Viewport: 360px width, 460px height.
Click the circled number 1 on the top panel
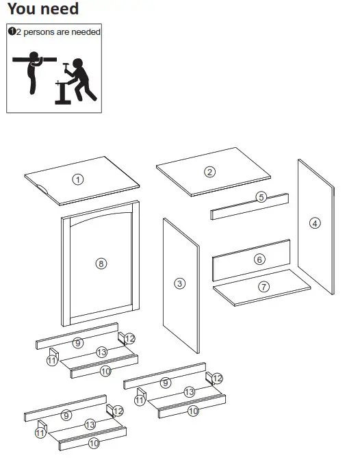(78, 179)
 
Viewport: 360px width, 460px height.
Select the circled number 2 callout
(210, 172)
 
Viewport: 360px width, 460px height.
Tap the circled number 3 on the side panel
(180, 283)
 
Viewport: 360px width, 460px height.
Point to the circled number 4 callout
(315, 222)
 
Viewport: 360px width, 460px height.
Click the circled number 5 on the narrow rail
(261, 197)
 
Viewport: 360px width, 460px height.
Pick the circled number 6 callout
(259, 259)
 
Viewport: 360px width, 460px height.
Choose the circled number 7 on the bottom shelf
(263, 287)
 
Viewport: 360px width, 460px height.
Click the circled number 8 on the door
(101, 264)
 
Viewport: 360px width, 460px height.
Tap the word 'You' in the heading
(21, 10)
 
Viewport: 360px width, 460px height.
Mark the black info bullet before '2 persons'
(12, 31)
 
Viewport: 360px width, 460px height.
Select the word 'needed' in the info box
(86, 32)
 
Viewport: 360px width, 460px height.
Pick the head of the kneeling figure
(77, 64)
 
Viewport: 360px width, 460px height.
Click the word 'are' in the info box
(64, 32)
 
